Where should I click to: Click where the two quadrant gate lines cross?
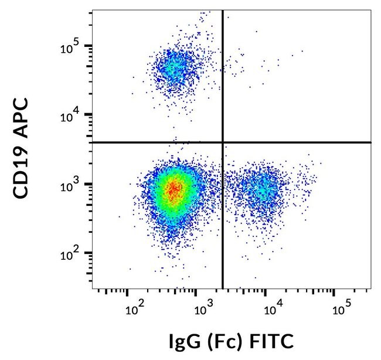pos(223,142)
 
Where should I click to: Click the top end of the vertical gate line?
pos(223,11)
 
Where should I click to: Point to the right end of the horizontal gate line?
pos(370,142)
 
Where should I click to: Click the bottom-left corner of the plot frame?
pos(93,288)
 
